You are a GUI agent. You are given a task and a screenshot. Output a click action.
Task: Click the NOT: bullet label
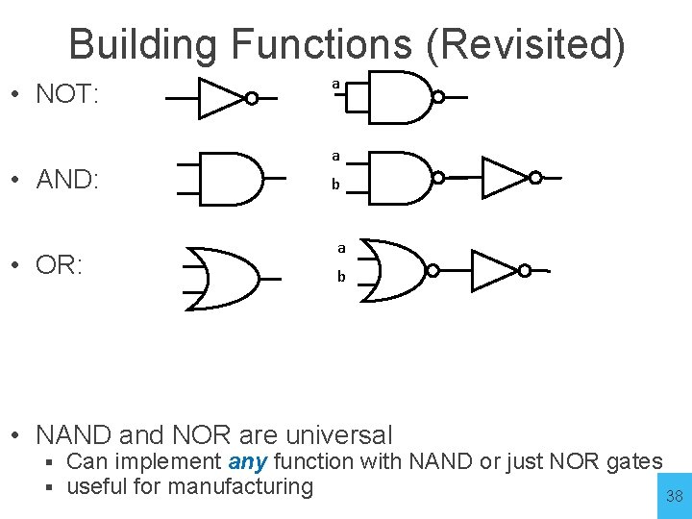(67, 95)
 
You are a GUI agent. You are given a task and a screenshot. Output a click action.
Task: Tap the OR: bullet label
(60, 264)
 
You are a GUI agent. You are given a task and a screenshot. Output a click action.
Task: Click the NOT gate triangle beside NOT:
(220, 98)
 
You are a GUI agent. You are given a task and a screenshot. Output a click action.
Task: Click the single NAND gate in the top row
(399, 96)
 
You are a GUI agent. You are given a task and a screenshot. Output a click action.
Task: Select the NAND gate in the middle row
(399, 178)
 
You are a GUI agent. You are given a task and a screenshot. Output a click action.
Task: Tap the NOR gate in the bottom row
(394, 271)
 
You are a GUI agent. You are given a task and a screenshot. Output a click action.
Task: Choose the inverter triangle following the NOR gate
(494, 271)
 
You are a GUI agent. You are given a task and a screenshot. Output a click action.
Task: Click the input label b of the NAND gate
(335, 185)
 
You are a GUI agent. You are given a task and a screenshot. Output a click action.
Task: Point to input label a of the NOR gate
(340, 247)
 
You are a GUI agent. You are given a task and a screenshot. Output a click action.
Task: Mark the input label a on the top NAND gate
(334, 85)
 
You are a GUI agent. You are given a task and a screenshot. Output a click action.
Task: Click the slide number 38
(675, 496)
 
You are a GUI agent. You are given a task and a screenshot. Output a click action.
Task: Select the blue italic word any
(248, 462)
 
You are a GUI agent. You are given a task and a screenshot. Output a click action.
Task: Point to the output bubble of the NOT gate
(251, 98)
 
